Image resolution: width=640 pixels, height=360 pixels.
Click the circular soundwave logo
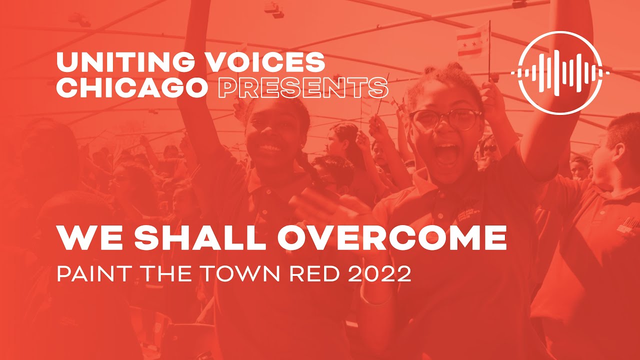[560, 72]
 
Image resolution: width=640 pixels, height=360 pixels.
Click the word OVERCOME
[392, 238]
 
